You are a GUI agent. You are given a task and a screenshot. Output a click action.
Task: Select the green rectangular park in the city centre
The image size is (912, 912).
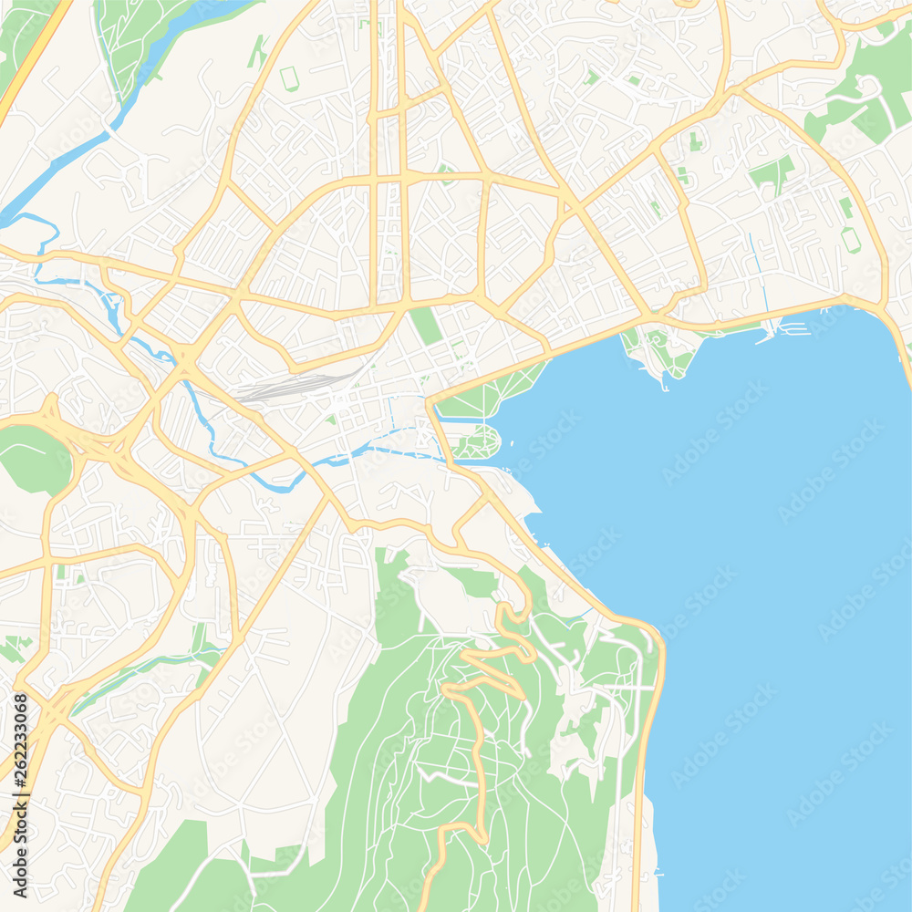425,326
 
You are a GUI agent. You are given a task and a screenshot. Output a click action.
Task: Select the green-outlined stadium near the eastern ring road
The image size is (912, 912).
850,240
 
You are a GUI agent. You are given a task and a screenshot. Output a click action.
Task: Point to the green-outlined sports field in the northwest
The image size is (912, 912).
289,78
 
